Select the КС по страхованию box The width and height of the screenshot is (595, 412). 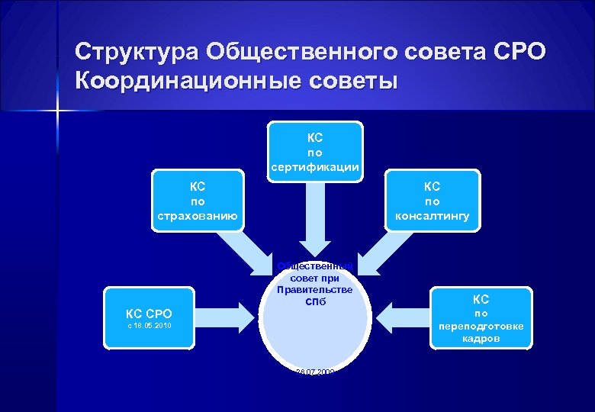(x=198, y=201)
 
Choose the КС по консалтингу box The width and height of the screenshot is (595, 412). (x=433, y=201)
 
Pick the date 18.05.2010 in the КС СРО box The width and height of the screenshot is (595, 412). (x=150, y=326)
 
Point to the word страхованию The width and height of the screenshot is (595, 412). (x=198, y=217)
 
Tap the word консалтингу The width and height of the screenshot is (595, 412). (x=433, y=217)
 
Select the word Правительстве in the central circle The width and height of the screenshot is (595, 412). (x=314, y=289)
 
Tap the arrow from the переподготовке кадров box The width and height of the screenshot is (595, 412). (x=404, y=315)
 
